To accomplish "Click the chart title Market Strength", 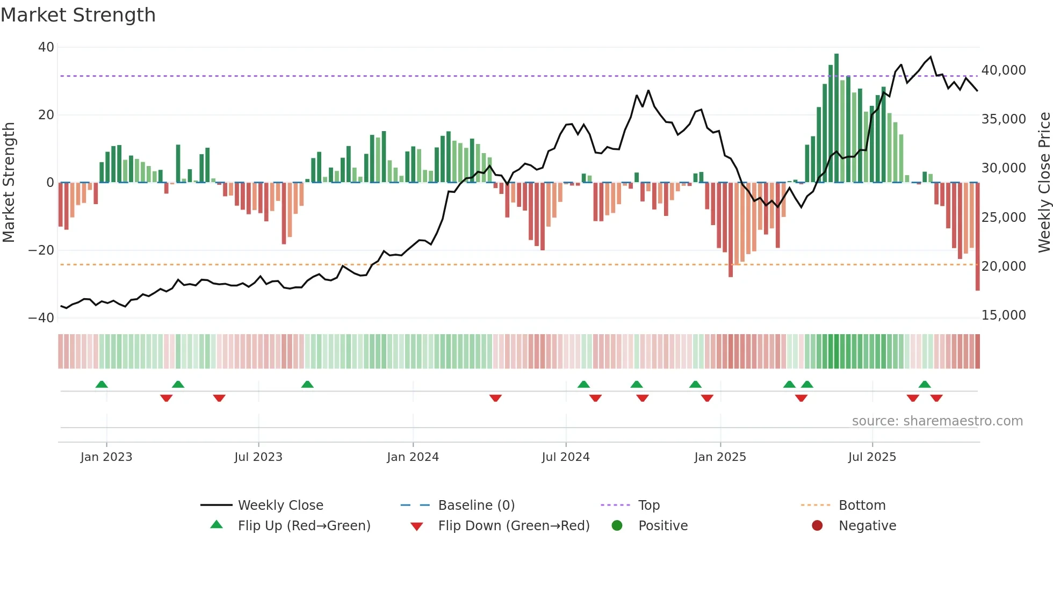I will pos(78,15).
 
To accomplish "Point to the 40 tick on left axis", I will pos(46,47).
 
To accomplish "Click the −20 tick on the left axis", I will pos(41,250).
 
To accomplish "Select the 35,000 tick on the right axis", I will pos(1004,119).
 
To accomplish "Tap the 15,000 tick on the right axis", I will pos(1004,315).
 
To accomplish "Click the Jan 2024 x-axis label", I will pos(413,457).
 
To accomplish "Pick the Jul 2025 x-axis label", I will pos(872,457).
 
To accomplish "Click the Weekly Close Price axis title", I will pos(1044,183).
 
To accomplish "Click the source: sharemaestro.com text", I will pos(937,421).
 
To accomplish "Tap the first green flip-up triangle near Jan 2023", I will pos(102,384).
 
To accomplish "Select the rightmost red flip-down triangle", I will pos(936,398).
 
